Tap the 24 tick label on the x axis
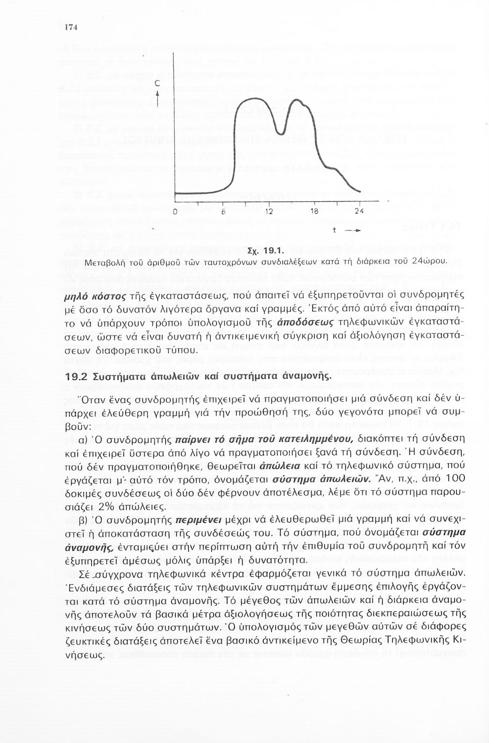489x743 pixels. (x=359, y=211)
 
